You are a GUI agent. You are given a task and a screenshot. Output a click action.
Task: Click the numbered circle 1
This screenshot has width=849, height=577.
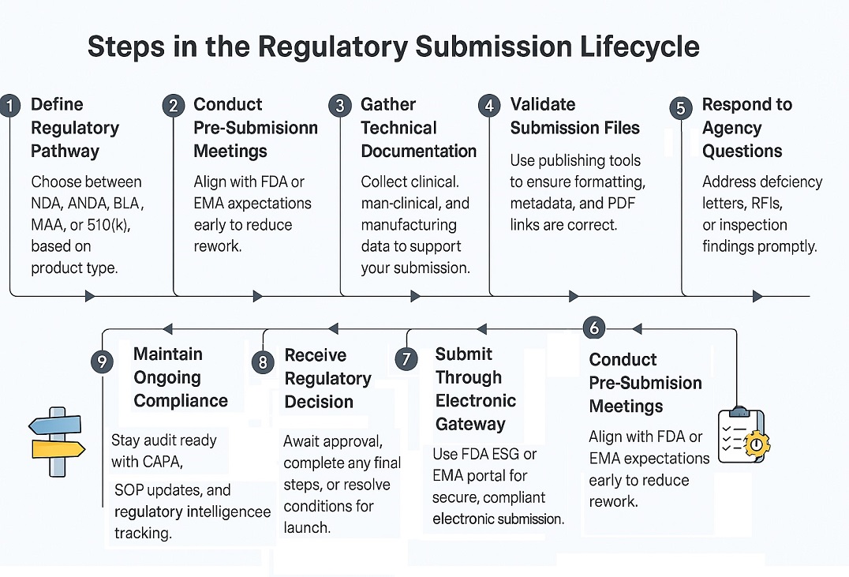tap(10, 106)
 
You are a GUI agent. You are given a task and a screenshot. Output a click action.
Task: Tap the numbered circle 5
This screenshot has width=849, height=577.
tap(680, 107)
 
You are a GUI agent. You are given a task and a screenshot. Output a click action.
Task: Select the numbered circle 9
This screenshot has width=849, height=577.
tap(102, 362)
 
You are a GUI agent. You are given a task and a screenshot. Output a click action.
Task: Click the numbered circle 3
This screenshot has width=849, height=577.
tap(340, 106)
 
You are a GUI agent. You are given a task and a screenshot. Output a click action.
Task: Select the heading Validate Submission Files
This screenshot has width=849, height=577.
tap(574, 116)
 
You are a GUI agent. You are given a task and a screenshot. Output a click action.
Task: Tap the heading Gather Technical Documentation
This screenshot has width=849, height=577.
tap(418, 127)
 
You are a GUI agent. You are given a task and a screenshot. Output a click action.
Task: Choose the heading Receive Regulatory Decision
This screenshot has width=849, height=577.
tap(327, 378)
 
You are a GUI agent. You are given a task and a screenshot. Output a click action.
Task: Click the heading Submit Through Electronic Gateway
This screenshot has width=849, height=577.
tap(475, 388)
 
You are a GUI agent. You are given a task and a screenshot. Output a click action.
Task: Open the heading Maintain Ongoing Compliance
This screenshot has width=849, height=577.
tap(180, 377)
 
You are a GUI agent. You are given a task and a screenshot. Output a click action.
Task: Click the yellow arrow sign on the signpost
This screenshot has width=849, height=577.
tap(57, 449)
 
